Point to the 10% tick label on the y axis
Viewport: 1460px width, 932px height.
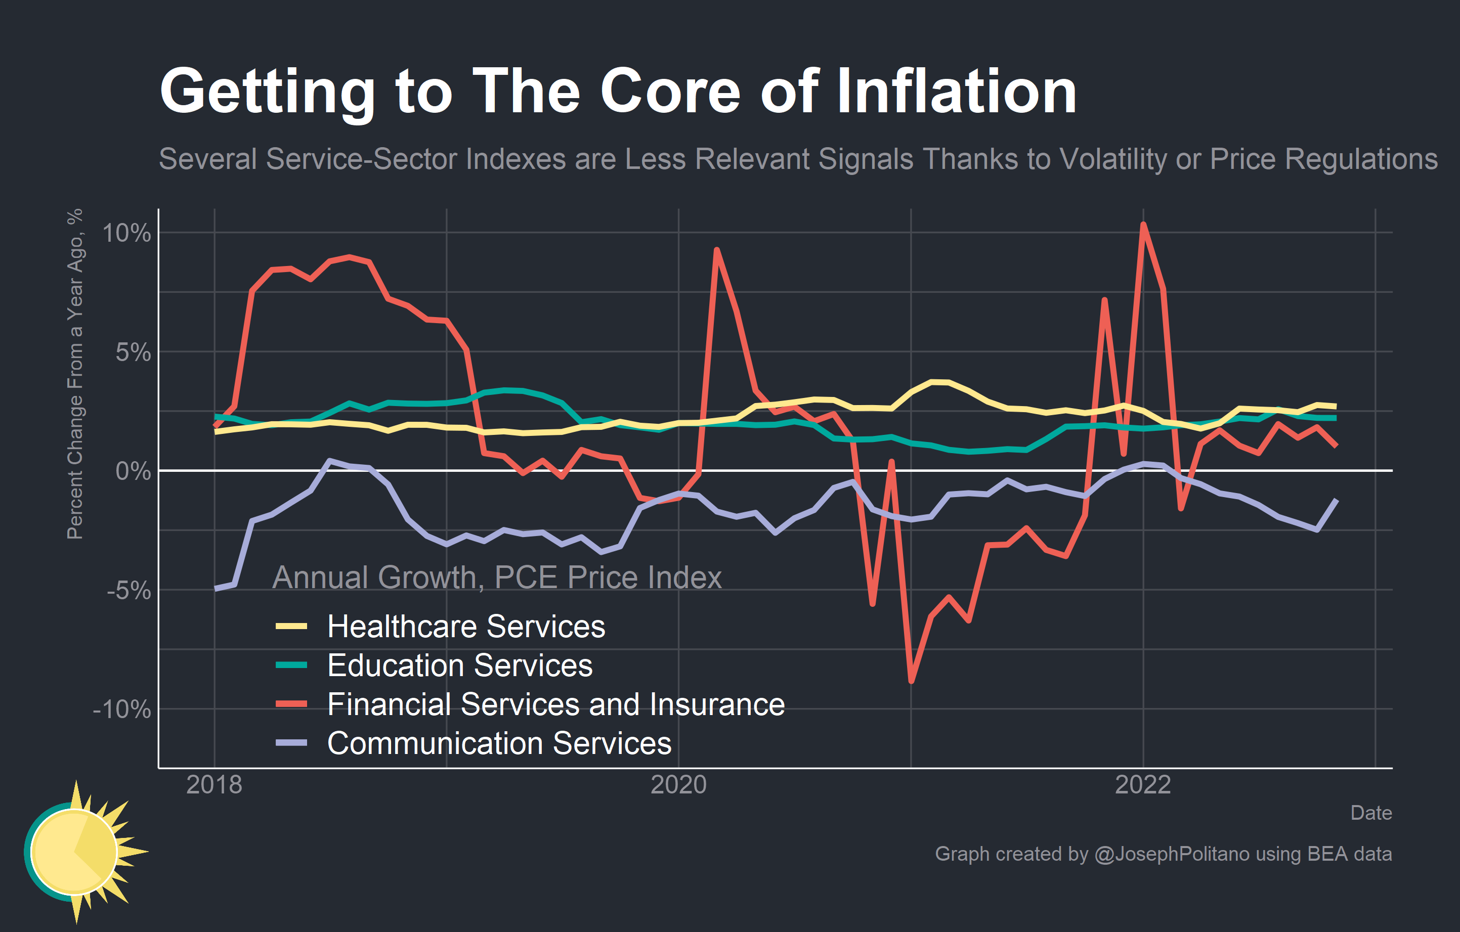[126, 233]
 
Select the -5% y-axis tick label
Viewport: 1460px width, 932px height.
[128, 590]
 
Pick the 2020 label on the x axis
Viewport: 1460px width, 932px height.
[678, 785]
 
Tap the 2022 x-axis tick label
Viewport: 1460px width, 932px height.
[1143, 785]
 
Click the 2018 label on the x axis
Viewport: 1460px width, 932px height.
[214, 785]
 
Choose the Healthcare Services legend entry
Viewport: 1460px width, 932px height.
[465, 626]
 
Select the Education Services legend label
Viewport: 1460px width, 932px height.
[459, 665]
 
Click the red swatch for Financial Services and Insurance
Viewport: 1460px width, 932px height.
[291, 704]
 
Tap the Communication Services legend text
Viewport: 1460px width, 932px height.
[499, 743]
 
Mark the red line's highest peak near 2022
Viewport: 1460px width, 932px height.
[1143, 225]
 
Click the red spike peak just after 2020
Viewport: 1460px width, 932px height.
[717, 250]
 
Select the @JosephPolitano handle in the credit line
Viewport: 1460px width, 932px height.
[1172, 854]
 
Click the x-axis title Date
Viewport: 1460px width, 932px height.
[1371, 813]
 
